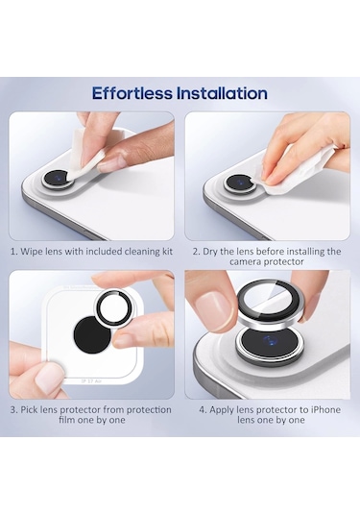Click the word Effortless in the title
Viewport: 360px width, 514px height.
click(132, 93)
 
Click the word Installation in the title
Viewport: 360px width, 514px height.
click(222, 93)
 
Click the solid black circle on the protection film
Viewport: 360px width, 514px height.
click(93, 334)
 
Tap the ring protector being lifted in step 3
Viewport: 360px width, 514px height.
click(113, 306)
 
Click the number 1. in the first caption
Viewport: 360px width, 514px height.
click(14, 252)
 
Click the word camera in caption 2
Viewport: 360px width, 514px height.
click(243, 262)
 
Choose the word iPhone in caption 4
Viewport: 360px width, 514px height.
click(326, 409)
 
